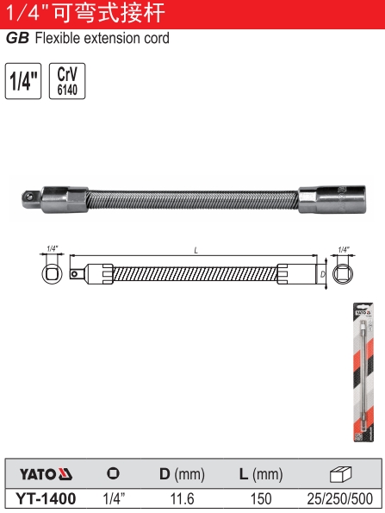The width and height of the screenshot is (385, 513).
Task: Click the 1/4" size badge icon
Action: pos(23,81)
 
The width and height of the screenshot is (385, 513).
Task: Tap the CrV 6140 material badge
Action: pos(67,81)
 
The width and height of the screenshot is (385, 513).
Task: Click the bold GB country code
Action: pos(17,38)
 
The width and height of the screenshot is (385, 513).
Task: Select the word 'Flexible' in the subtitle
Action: pos(57,38)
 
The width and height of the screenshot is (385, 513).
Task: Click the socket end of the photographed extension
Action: pos(332,199)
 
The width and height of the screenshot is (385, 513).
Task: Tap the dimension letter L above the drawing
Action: pos(196,251)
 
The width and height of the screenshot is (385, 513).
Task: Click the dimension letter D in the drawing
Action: pos(323,274)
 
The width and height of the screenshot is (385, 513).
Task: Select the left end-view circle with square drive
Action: pos(52,273)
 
